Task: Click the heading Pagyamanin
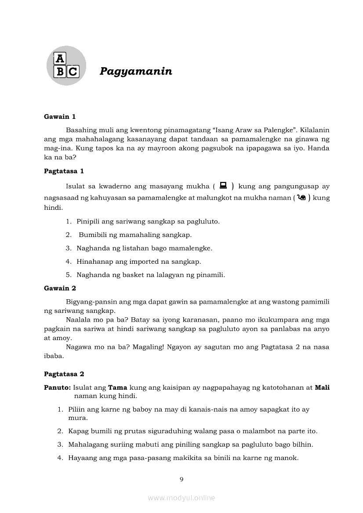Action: [x=136, y=71]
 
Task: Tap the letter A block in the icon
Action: [x=59, y=59]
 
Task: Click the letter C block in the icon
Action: [x=73, y=72]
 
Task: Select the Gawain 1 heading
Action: [x=60, y=116]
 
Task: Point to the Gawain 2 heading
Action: [x=60, y=288]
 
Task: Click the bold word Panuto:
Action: [x=58, y=387]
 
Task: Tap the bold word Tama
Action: [x=118, y=387]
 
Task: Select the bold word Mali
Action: [x=322, y=387]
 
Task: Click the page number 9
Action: [x=181, y=479]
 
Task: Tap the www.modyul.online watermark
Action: [x=181, y=498]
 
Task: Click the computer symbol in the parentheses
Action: [x=223, y=186]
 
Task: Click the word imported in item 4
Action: [x=144, y=262]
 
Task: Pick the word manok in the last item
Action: [x=288, y=458]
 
